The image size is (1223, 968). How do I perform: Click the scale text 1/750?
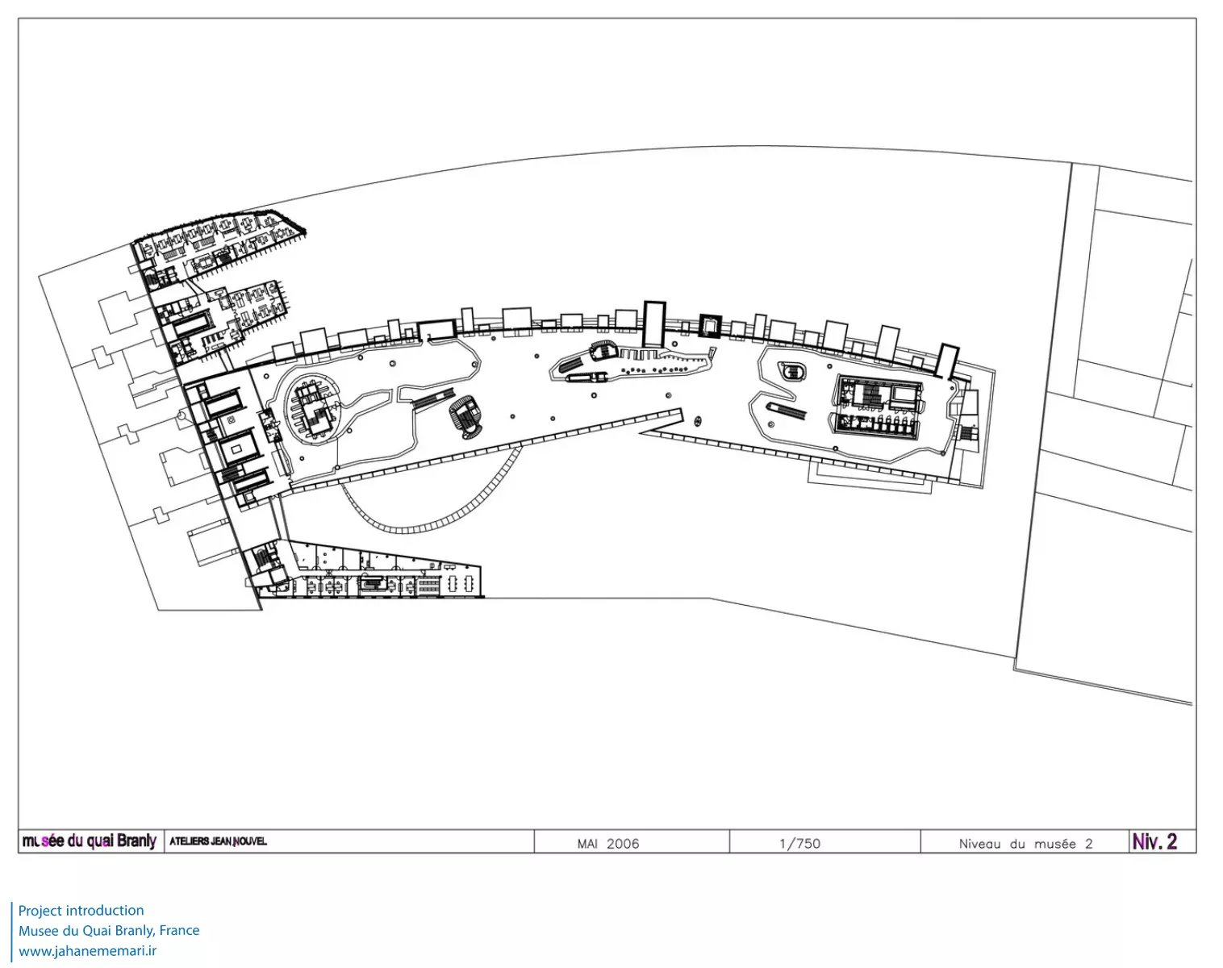(799, 844)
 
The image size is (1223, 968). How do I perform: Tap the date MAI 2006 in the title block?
(608, 844)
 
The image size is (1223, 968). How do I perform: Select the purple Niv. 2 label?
(1154, 841)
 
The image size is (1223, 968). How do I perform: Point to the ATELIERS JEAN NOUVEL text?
(219, 841)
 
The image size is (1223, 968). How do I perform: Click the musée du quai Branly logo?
(90, 841)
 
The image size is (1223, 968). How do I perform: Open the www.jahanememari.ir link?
(87, 950)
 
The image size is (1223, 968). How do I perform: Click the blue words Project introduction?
(81, 910)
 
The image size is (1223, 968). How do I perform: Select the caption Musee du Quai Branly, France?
(109, 930)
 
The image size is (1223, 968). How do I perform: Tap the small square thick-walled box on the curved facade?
(710, 326)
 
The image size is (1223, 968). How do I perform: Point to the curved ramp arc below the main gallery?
(432, 515)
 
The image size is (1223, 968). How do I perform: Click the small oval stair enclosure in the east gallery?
(792, 372)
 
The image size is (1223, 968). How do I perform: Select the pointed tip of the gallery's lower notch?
(640, 433)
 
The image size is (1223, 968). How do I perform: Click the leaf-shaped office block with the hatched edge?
(219, 244)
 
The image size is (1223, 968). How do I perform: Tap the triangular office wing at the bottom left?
(364, 571)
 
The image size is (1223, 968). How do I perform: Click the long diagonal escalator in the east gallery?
(786, 410)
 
